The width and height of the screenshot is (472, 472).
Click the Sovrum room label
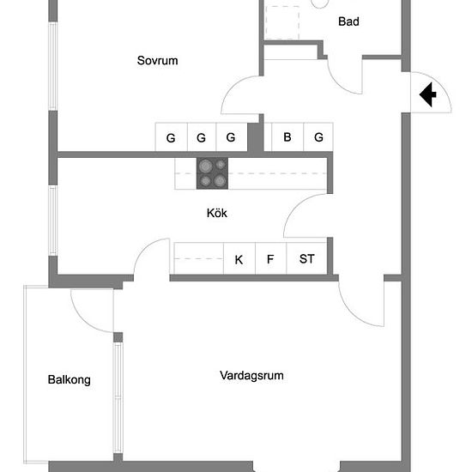pyautogui.click(x=157, y=61)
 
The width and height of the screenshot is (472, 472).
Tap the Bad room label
pyautogui.click(x=348, y=21)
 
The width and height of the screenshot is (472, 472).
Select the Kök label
pyautogui.click(x=217, y=213)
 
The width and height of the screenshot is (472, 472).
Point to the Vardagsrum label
pyautogui.click(x=251, y=376)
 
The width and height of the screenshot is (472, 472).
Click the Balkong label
pyautogui.click(x=70, y=380)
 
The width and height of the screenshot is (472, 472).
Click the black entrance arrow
pyautogui.click(x=427, y=94)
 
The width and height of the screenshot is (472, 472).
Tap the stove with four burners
pyautogui.click(x=212, y=173)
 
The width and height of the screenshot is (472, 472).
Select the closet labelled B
pyautogui.click(x=287, y=137)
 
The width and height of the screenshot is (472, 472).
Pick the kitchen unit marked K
pyautogui.click(x=239, y=258)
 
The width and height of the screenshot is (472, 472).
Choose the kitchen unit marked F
pyautogui.click(x=271, y=258)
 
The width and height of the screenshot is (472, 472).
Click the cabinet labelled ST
pyautogui.click(x=306, y=258)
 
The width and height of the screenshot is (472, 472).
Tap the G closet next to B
pyautogui.click(x=318, y=137)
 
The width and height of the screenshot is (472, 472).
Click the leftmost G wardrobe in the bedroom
pyautogui.click(x=172, y=137)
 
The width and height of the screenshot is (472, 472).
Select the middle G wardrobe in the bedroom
pyautogui.click(x=202, y=137)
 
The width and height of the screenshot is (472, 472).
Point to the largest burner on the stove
pyautogui.click(x=205, y=166)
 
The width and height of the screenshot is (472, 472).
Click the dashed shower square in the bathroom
pyautogui.click(x=282, y=22)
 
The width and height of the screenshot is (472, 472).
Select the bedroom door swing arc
pyautogui.click(x=233, y=88)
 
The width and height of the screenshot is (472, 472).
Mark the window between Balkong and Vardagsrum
pyautogui.click(x=118, y=397)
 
